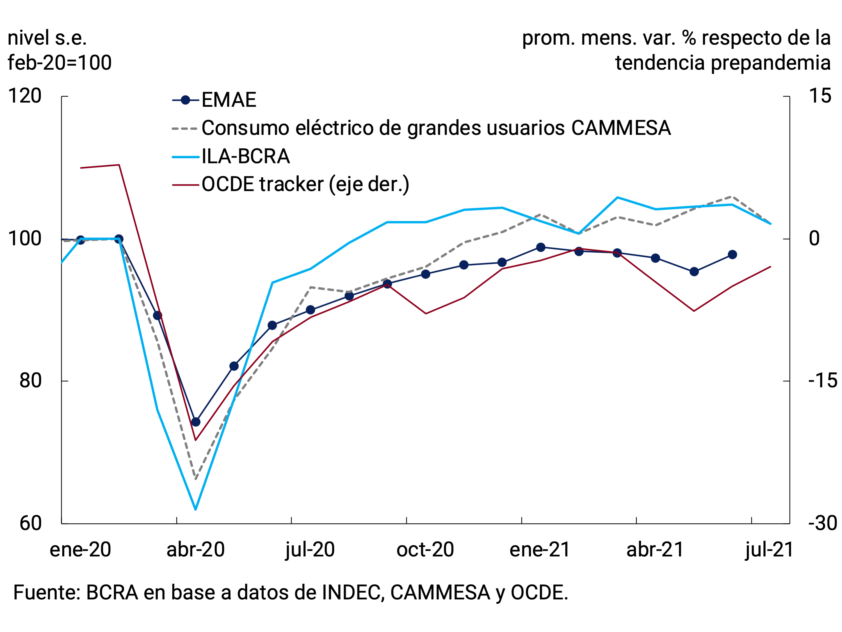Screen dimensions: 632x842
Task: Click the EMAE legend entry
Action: coord(228,100)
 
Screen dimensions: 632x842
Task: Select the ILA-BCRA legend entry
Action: coord(245,157)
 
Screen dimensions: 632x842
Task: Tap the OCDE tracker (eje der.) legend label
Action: coord(305,185)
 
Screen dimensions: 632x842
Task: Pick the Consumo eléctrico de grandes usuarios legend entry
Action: coord(436,128)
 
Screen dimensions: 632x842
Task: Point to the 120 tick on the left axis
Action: coord(25,96)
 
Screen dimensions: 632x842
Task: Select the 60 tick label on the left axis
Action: coord(30,524)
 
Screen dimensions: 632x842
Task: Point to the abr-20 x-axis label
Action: coord(196,550)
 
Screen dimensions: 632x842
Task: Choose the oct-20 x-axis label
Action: coord(425,550)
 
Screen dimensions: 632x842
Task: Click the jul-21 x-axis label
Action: coord(769,550)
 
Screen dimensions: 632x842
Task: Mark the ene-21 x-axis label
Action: coord(540,550)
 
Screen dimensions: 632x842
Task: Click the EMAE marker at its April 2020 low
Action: coord(196,422)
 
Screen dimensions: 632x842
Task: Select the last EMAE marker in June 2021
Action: coord(732,255)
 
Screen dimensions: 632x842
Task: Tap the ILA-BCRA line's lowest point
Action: coord(196,509)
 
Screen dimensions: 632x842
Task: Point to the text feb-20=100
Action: coord(60,63)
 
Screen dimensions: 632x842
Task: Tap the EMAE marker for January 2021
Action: coord(540,247)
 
